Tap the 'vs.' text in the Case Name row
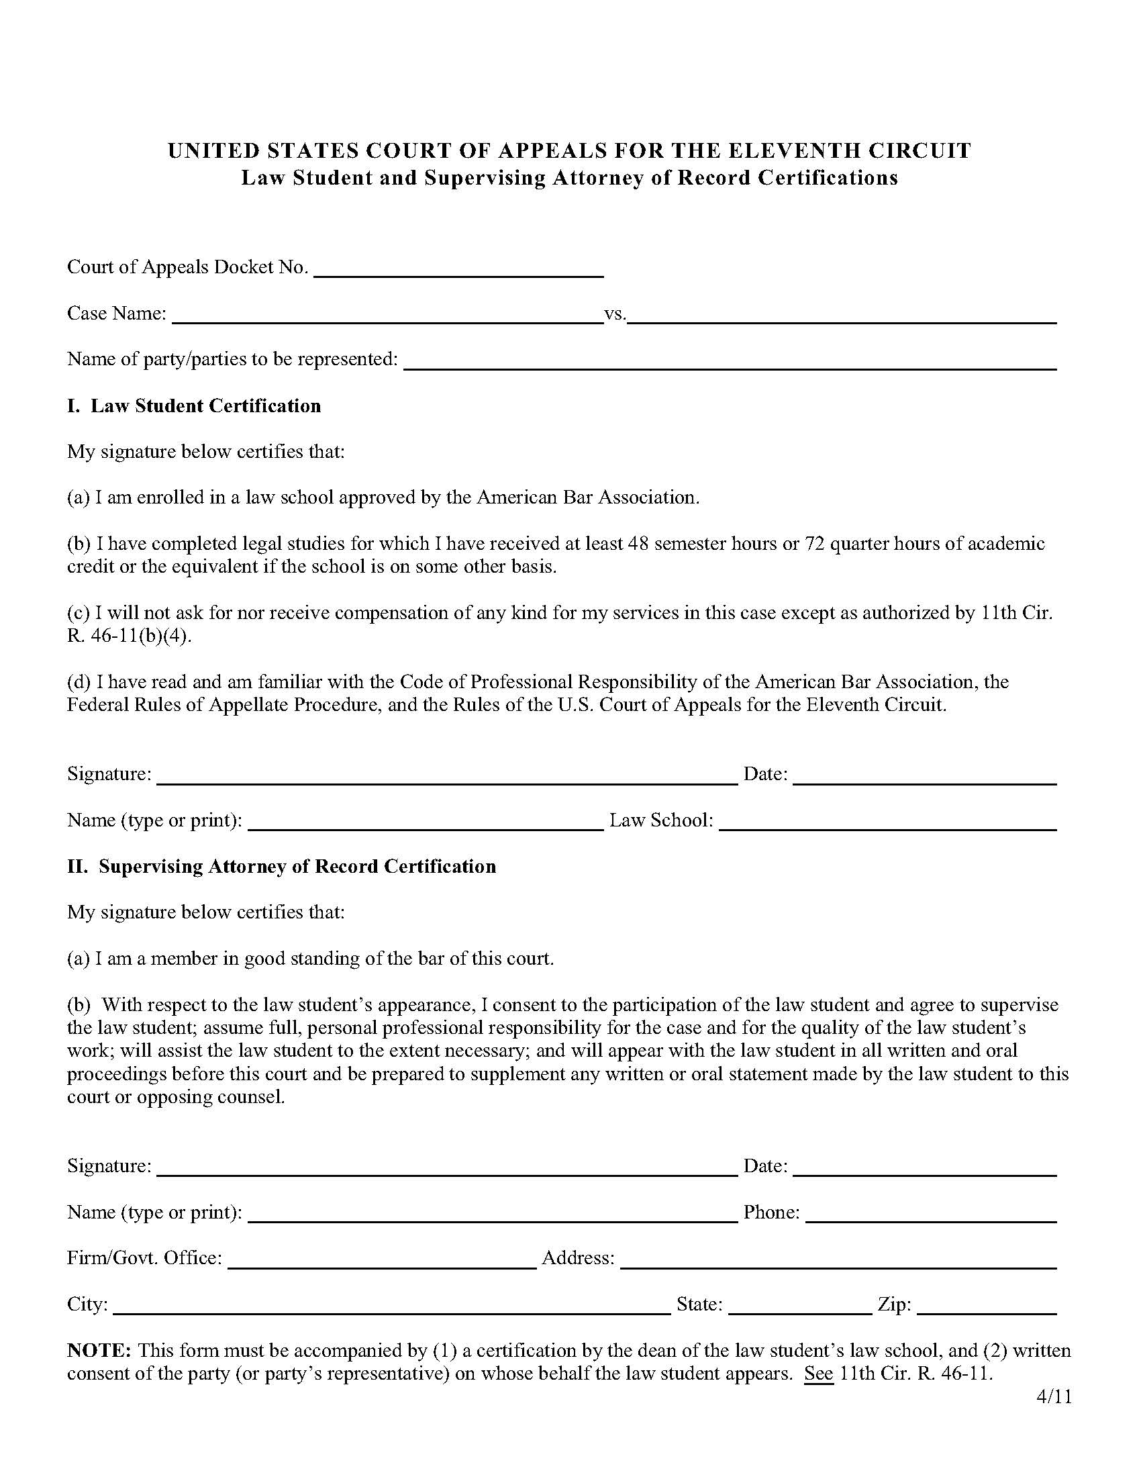[x=614, y=314]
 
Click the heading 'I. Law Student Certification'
[x=194, y=406]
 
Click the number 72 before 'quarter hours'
[x=815, y=544]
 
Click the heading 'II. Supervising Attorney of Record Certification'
[x=282, y=867]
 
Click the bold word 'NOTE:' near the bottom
[x=99, y=1351]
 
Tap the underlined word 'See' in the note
[x=819, y=1374]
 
